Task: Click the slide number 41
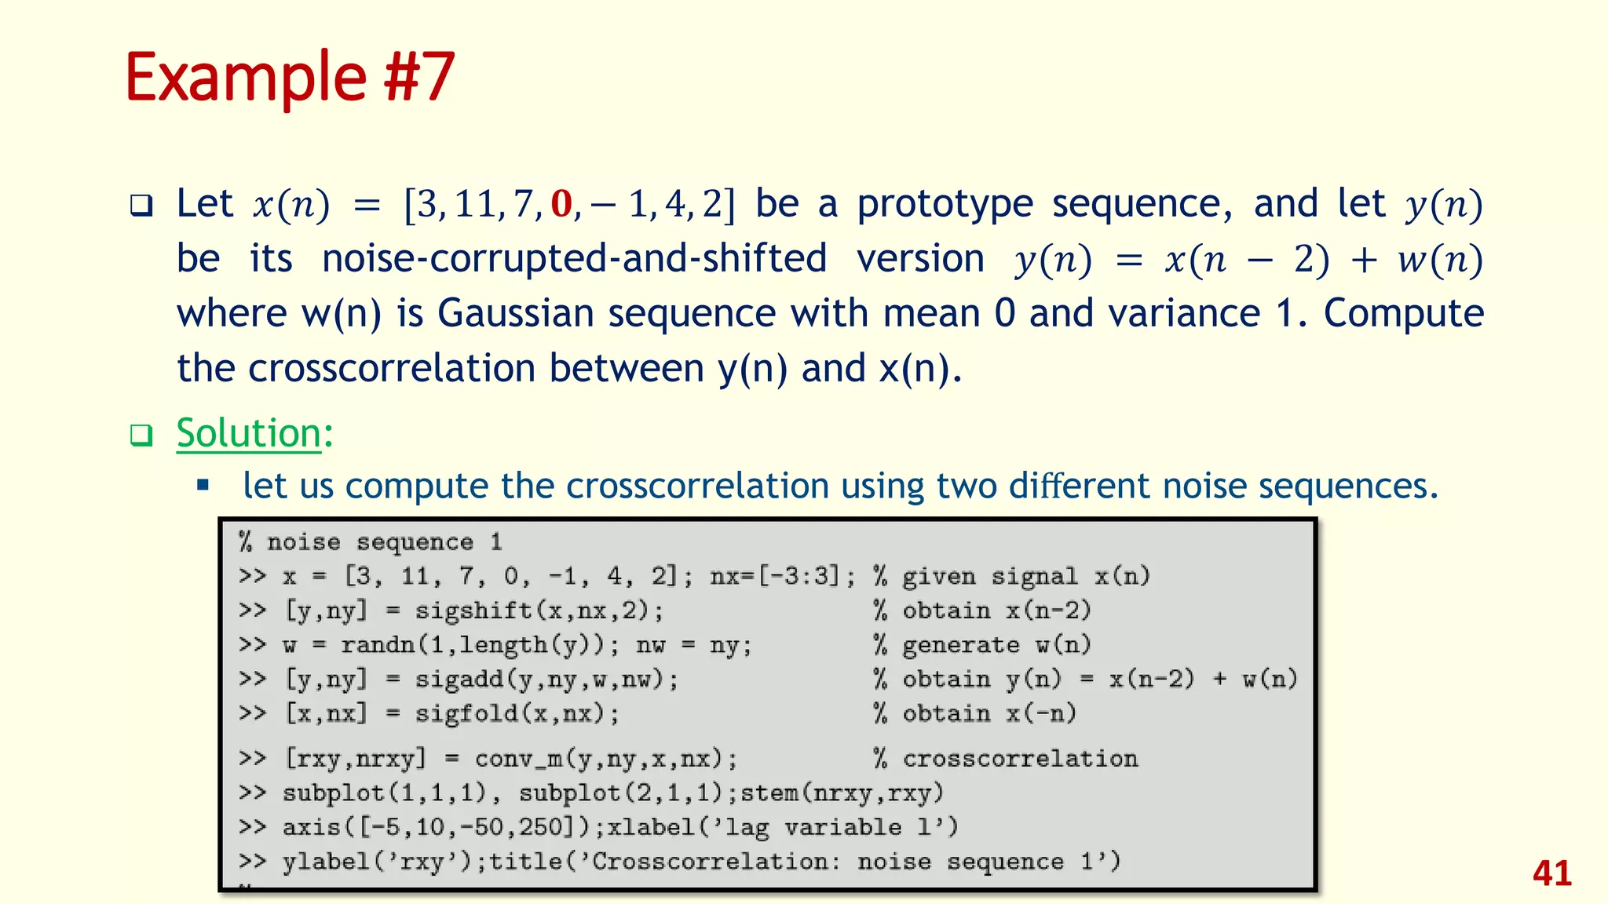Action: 1551,873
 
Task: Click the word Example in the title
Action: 246,78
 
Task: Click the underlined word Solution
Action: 248,433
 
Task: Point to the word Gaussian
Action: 515,313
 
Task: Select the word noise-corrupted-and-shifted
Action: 574,259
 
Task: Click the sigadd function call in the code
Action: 546,679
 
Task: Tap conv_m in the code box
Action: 605,759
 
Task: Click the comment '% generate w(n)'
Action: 981,645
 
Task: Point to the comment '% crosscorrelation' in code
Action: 1005,759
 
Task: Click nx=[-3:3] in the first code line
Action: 782,577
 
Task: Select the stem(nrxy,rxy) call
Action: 841,793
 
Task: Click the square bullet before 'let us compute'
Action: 203,486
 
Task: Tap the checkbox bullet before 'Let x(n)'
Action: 141,206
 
